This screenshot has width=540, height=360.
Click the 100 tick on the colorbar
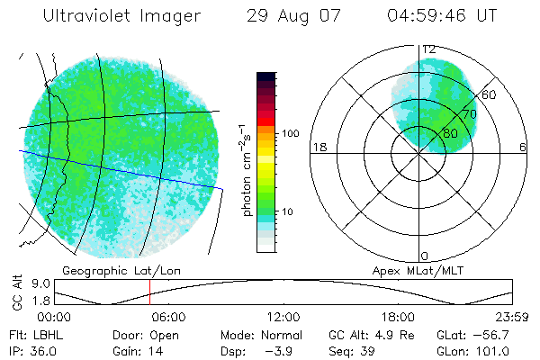pyautogui.click(x=290, y=133)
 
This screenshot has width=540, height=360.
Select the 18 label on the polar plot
pyautogui.click(x=318, y=147)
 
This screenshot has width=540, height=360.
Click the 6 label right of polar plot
pyautogui.click(x=523, y=147)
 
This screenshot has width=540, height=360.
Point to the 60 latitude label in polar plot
pyautogui.click(x=490, y=94)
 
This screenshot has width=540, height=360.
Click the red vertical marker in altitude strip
pyautogui.click(x=149, y=293)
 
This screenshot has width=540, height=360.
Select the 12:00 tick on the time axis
pyautogui.click(x=283, y=317)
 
